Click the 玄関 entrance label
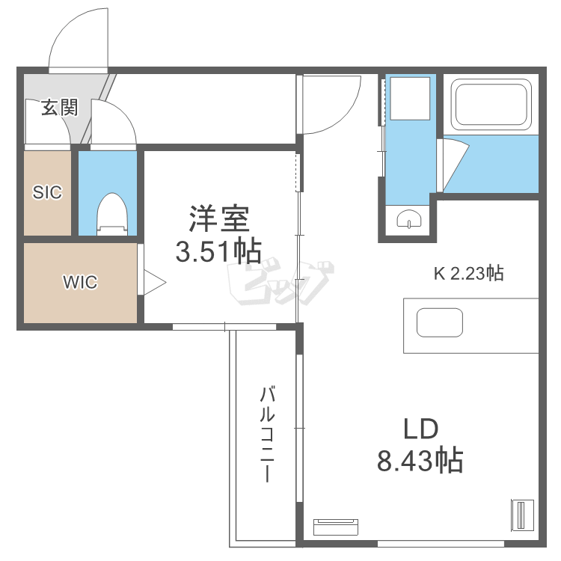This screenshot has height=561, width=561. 59,107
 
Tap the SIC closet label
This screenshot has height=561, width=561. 46,192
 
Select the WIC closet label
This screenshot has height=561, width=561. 80,283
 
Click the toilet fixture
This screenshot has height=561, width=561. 113,214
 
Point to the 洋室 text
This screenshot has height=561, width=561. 218,220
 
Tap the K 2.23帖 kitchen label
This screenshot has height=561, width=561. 469,274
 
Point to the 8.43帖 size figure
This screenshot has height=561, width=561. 420,460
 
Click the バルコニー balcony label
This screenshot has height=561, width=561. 268,434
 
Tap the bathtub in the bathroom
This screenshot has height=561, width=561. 491,105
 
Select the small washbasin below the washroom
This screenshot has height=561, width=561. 409,220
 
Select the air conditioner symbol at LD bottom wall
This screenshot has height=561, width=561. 335,527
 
